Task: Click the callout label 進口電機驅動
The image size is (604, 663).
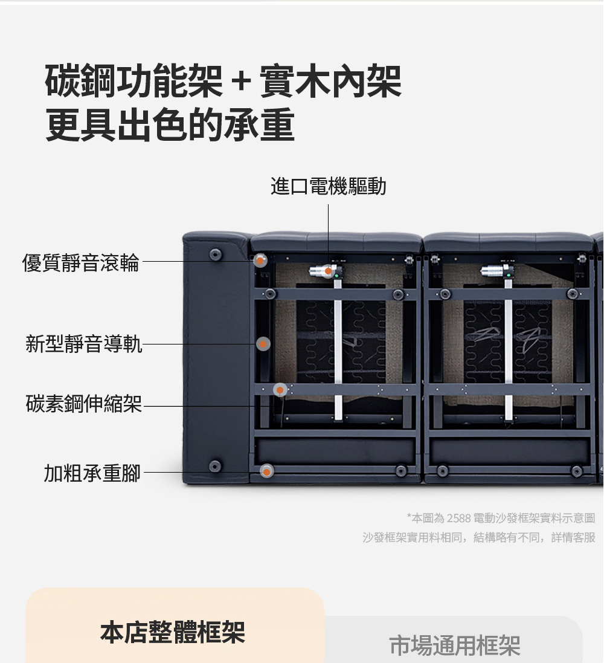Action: (329, 186)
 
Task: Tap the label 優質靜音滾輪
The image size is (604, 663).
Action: (81, 262)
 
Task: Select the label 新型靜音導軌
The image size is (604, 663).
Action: (84, 343)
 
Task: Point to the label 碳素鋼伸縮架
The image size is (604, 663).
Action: (84, 403)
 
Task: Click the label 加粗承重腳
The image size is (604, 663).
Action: (92, 473)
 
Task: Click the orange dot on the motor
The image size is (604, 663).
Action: (328, 271)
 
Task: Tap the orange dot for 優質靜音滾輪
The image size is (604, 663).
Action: (260, 260)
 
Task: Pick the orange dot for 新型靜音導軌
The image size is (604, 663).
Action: (263, 344)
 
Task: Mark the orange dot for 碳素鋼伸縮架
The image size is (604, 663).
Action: (280, 390)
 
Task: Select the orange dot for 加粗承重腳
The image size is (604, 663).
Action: (266, 471)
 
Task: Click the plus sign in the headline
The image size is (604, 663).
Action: (242, 80)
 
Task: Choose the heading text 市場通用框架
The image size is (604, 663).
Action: (454, 645)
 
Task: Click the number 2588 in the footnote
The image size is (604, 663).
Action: (458, 518)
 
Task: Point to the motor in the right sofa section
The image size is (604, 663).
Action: (499, 271)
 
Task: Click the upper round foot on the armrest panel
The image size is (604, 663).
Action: (216, 254)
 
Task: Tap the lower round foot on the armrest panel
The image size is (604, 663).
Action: (215, 466)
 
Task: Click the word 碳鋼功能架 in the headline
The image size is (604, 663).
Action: (133, 81)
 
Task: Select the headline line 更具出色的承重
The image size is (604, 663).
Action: (170, 125)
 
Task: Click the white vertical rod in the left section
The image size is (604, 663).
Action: (338, 348)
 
